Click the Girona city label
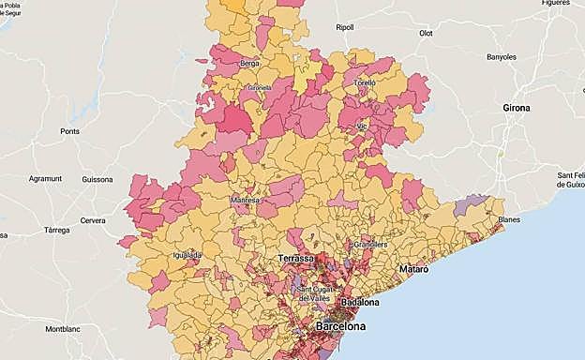click(x=516, y=108)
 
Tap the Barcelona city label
click(x=340, y=327)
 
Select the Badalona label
click(x=360, y=303)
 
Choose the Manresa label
click(x=245, y=200)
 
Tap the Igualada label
click(x=187, y=254)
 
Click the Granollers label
click(x=370, y=244)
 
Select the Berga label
click(x=249, y=64)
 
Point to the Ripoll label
click(x=345, y=27)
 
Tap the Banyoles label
click(x=501, y=57)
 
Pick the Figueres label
click(x=555, y=3)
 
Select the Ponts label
click(x=70, y=131)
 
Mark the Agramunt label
click(x=44, y=178)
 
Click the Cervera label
click(x=93, y=220)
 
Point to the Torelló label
click(x=364, y=82)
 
